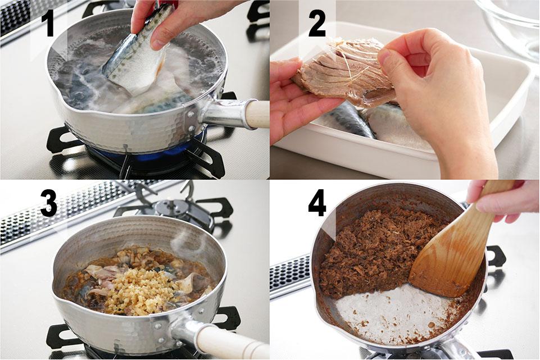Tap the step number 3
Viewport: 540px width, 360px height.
pos(48,204)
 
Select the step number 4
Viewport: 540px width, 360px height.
pos(317,204)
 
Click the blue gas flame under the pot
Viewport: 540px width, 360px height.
pos(148,152)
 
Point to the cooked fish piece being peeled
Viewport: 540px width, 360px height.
pos(341,74)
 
